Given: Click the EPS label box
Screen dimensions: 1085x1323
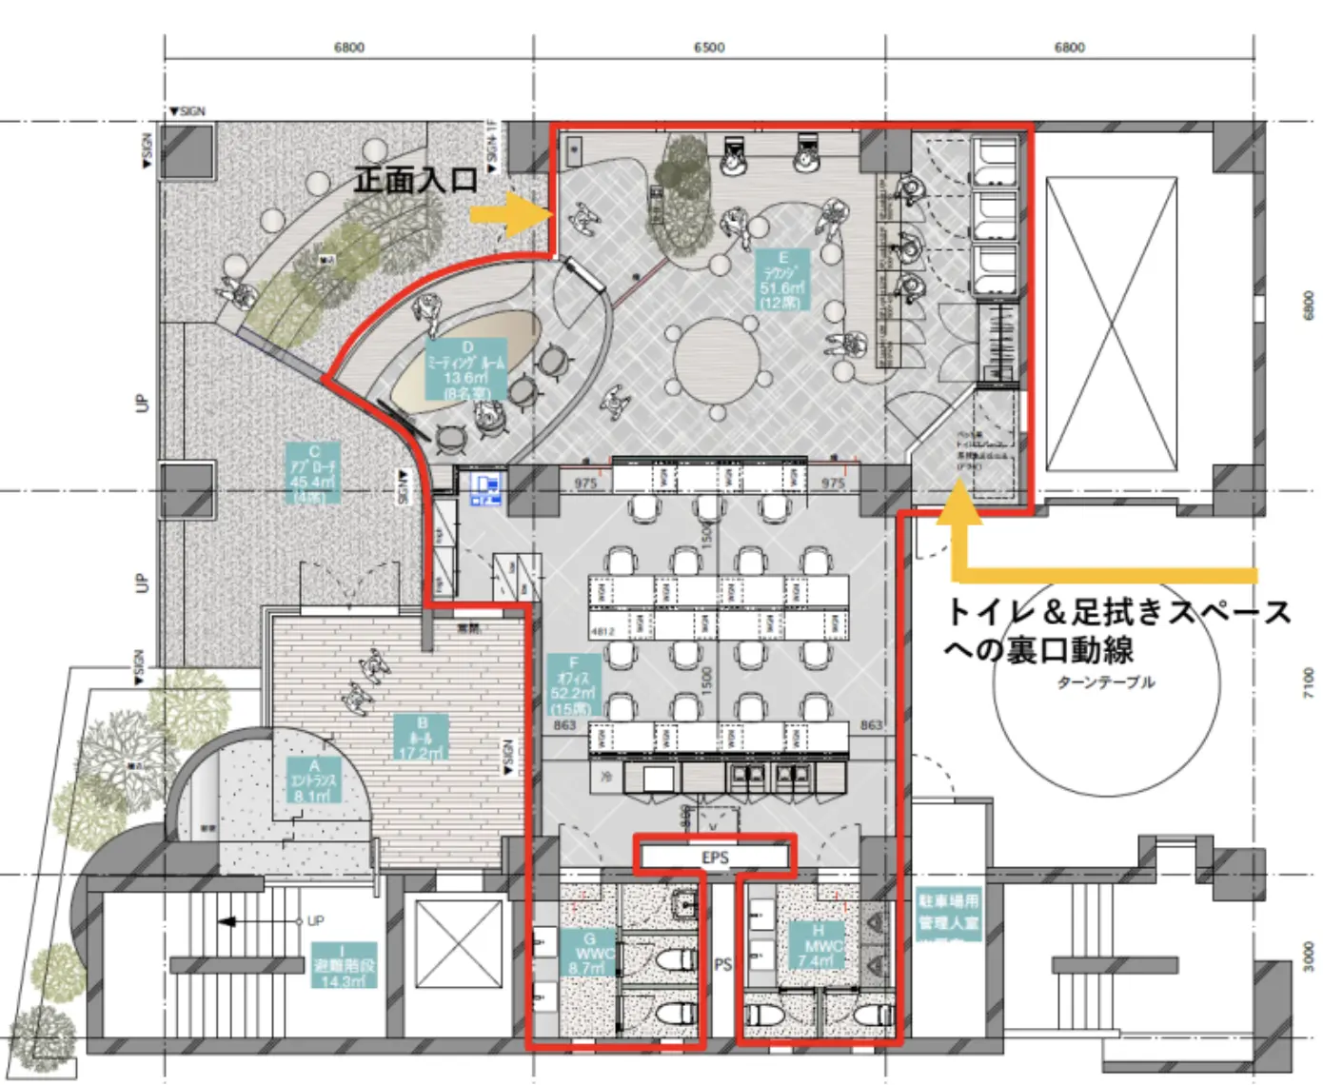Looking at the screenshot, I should click(715, 858).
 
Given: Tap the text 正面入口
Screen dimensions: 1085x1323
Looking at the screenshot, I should click(416, 179).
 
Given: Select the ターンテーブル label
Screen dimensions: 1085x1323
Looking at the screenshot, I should click(1105, 682).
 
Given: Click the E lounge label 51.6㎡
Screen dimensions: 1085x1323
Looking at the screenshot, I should click(782, 280).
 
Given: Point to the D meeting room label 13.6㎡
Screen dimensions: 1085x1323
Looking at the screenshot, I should click(466, 371).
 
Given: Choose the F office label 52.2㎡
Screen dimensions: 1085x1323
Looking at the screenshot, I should click(574, 685).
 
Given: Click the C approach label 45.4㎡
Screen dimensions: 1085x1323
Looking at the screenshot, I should click(314, 472).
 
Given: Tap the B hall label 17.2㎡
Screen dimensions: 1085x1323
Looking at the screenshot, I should click(422, 738).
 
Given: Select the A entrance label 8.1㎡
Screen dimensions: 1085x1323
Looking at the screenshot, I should click(314, 780).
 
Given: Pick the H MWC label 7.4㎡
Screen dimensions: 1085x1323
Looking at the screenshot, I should click(818, 945).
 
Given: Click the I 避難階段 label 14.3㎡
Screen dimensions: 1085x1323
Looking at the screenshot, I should click(343, 965).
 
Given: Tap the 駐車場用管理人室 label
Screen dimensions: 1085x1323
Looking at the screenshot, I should click(947, 912).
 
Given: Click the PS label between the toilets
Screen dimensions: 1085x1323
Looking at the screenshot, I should click(723, 964).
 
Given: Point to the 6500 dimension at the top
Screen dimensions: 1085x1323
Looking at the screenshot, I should click(709, 47).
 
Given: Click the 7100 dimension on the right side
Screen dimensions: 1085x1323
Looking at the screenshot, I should click(1309, 682).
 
